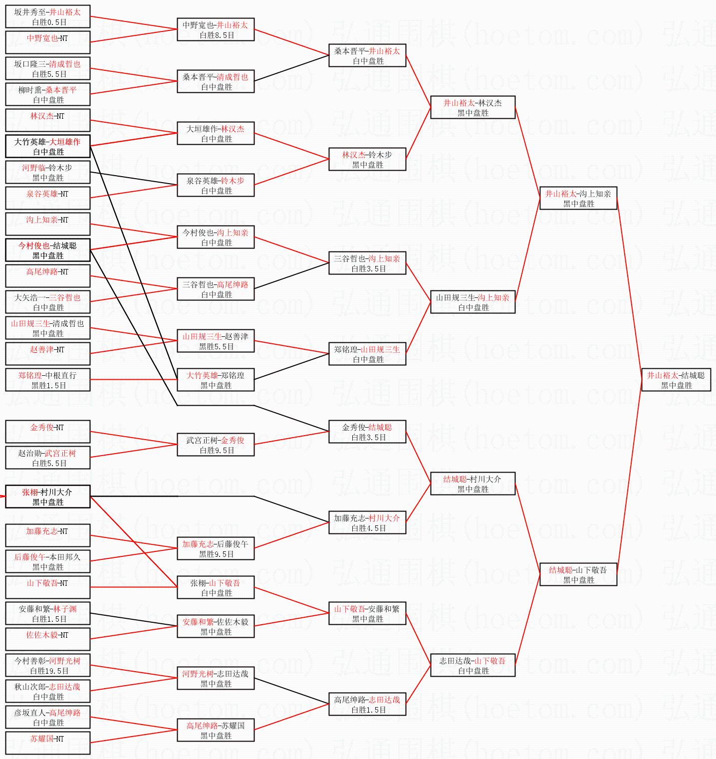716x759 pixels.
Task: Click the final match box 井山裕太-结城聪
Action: click(676, 380)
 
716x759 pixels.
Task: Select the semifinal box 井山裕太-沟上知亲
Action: click(578, 198)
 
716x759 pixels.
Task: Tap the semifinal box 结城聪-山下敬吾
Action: click(578, 574)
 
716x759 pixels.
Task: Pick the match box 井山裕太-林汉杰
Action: click(473, 107)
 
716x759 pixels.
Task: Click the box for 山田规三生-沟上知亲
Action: click(473, 302)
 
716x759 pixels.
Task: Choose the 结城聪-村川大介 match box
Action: click(473, 484)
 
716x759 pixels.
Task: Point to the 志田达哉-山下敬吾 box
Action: click(473, 665)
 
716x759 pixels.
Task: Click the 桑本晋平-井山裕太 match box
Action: click(367, 55)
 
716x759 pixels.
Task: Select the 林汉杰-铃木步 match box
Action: click(367, 159)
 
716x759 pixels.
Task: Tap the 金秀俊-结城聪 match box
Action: click(367, 432)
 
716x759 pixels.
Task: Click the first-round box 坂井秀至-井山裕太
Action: click(48, 16)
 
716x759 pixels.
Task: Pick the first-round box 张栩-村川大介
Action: click(48, 497)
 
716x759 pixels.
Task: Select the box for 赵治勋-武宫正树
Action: click(48, 458)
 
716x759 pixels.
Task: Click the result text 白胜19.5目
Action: click(49, 671)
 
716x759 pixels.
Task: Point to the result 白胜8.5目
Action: click(217, 35)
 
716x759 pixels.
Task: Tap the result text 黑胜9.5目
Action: click(217, 554)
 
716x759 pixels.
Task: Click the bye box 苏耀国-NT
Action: click(48, 743)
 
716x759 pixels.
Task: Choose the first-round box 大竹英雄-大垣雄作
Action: click(48, 146)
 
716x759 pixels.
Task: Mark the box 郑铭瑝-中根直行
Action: click(48, 380)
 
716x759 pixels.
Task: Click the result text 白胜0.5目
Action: click(49, 22)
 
